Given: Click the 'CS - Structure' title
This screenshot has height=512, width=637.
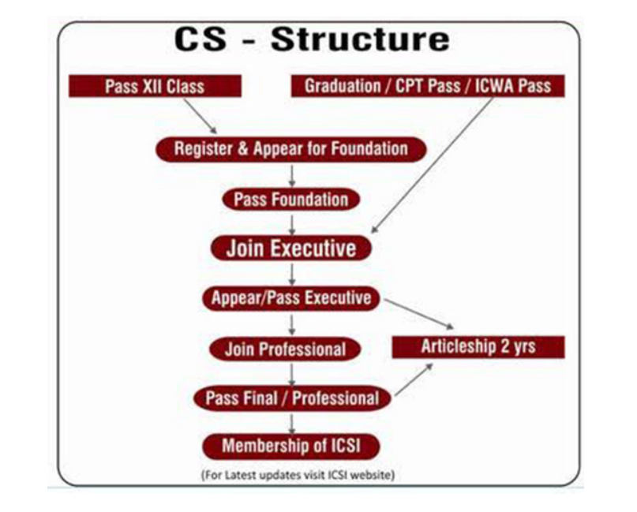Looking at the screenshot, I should pos(312,39).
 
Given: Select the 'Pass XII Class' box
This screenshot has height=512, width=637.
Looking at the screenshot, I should pos(154,85).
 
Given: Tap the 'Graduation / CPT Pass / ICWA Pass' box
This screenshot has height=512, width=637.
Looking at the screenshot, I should pos(427,85).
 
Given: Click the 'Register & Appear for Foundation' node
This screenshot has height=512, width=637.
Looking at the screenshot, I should pos(291,148).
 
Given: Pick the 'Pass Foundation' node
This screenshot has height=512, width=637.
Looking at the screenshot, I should pos(290,199).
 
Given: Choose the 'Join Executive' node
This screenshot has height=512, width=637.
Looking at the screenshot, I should pos(290,249).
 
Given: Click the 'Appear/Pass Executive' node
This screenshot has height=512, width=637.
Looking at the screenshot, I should pos(290,298).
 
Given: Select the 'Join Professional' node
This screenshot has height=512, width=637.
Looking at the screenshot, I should pos(285,349).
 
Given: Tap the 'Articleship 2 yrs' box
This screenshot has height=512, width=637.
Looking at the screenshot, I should pos(478,346).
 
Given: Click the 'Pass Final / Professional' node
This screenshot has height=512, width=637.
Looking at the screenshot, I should pos(292,398).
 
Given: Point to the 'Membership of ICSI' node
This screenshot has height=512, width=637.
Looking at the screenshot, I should pos(290,446).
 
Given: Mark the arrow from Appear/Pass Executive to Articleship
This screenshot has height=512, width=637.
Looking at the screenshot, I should pos(417,314).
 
